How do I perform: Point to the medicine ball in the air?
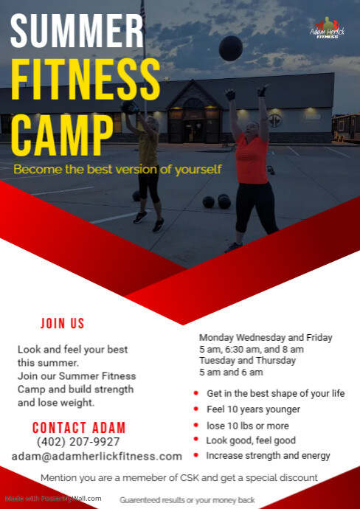(231, 47)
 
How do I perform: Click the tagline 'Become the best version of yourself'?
(117, 170)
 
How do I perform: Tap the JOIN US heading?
(63, 324)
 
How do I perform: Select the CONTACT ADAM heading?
(79, 428)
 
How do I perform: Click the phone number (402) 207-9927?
(78, 442)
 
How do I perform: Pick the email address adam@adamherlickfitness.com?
(97, 457)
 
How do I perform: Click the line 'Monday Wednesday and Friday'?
(266, 337)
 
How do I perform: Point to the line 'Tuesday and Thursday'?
(247, 361)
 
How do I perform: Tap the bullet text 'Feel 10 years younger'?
(253, 409)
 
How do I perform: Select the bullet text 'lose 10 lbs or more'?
(248, 426)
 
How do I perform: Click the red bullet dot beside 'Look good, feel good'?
(195, 440)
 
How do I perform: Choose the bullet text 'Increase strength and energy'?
(269, 456)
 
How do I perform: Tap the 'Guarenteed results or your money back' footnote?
(187, 500)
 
